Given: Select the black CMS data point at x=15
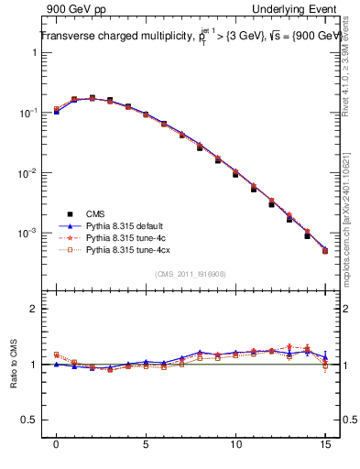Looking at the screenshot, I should pos(325,251).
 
